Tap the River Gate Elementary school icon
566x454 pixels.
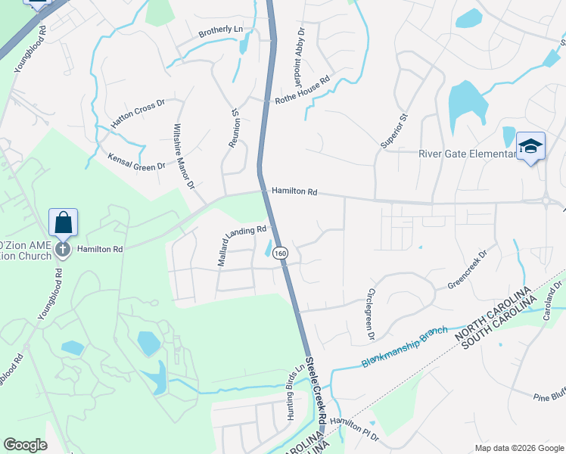tap(530, 146)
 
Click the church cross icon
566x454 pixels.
tap(62, 249)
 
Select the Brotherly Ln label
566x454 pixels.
tap(220, 31)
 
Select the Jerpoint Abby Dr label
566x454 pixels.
tap(294, 52)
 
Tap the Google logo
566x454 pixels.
tap(25, 445)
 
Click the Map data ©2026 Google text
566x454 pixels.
tap(518, 448)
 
